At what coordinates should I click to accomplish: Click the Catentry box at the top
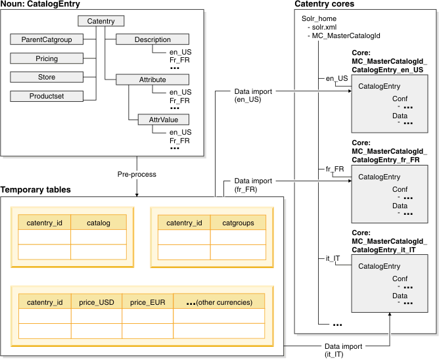click(x=101, y=22)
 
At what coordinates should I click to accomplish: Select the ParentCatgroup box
click(x=47, y=39)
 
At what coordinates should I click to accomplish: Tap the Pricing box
click(x=47, y=58)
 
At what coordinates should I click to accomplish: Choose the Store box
click(x=47, y=78)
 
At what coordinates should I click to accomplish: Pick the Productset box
click(x=47, y=97)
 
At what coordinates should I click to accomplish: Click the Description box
click(x=152, y=39)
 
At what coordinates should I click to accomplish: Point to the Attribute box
click(x=152, y=79)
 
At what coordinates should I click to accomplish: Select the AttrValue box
click(x=158, y=120)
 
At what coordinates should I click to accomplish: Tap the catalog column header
click(x=97, y=223)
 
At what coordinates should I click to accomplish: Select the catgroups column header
click(x=238, y=223)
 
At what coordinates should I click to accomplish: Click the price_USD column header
click(x=96, y=302)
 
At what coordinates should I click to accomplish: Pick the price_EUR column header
click(x=147, y=302)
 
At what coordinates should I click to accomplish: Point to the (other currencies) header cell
click(x=219, y=302)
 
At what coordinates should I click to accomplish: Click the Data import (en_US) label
click(x=252, y=95)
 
